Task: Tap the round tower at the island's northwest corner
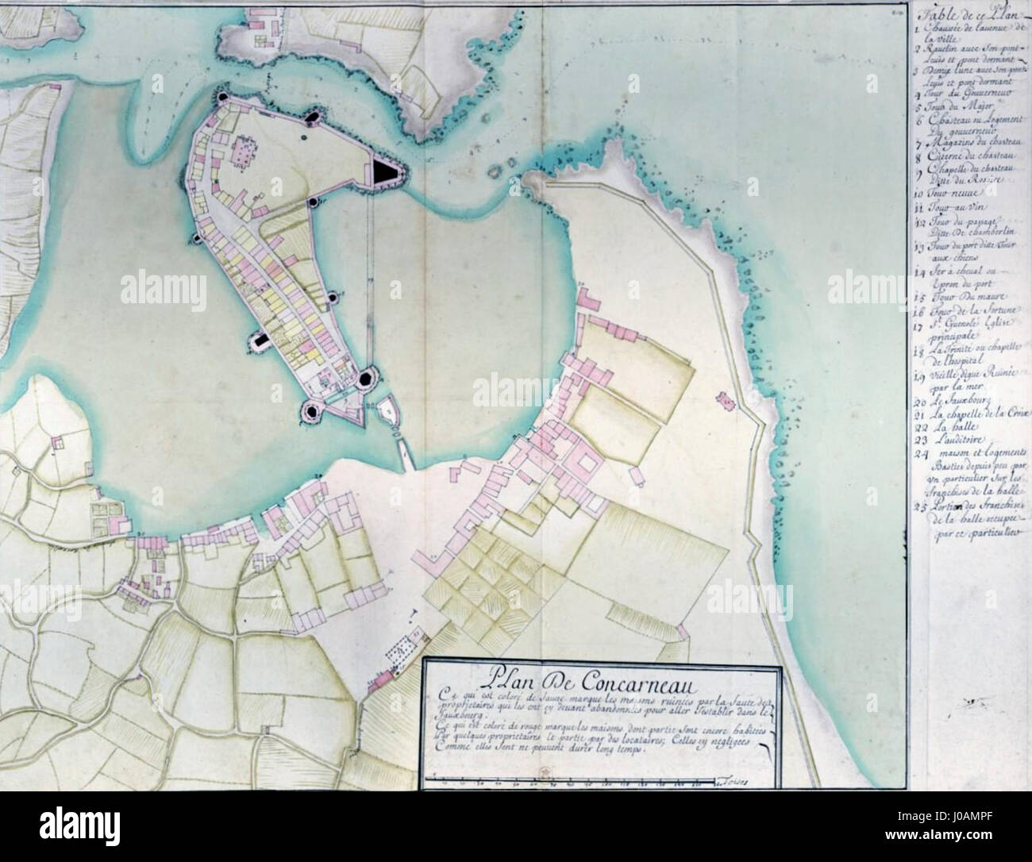click(x=223, y=96)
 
